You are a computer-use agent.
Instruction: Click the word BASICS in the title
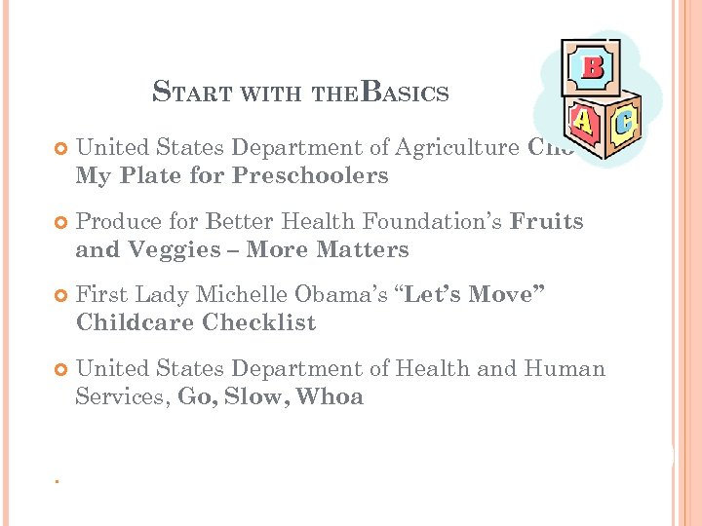(x=405, y=93)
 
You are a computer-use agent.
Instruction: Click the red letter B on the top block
(x=591, y=67)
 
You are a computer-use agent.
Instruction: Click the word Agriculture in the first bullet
(x=457, y=148)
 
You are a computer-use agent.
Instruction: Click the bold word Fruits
(x=547, y=222)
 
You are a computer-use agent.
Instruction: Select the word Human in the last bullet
(x=565, y=369)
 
